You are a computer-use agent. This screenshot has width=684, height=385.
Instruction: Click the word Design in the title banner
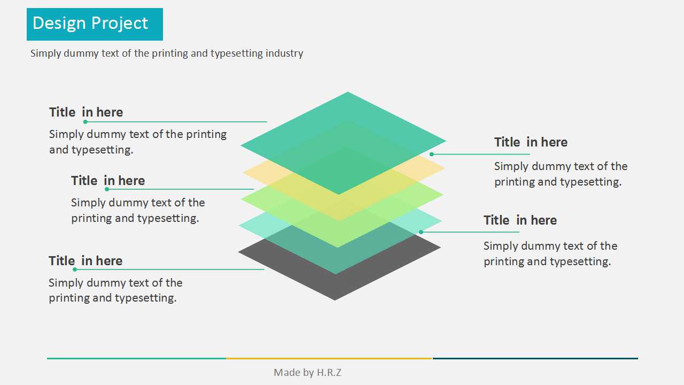(x=59, y=24)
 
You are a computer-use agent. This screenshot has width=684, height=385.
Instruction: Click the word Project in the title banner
(x=120, y=24)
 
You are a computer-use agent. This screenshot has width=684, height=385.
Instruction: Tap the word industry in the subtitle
(x=284, y=53)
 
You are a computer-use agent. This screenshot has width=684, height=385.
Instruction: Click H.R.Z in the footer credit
(x=329, y=373)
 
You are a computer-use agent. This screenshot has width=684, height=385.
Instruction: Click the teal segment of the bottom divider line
(x=136, y=358)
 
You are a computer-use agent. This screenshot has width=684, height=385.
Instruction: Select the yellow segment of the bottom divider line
(x=329, y=358)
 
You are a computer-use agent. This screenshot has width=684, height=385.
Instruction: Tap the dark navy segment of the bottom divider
(x=535, y=358)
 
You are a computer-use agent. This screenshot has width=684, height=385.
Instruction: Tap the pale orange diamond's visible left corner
(x=243, y=172)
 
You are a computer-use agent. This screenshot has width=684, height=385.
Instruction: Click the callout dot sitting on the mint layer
(x=421, y=232)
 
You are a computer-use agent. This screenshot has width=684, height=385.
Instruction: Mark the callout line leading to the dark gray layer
(x=169, y=269)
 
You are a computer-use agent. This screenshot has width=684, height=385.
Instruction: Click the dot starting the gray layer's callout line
(x=75, y=269)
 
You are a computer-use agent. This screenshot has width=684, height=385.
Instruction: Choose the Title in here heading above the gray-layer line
(x=85, y=261)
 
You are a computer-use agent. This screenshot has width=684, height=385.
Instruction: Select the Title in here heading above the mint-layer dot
(x=520, y=220)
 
